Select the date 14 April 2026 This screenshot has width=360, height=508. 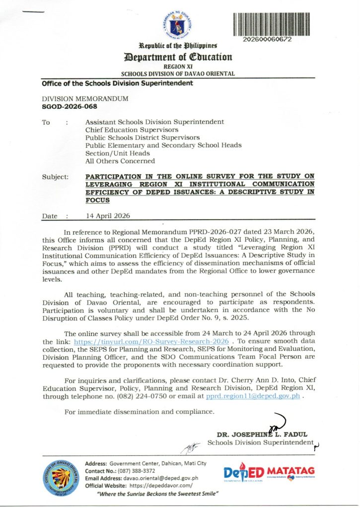[108, 216]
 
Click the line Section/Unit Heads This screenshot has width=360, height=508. [117, 153]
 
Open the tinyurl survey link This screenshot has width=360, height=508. [151, 342]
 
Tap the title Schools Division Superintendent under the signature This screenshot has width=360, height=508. [260, 442]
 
